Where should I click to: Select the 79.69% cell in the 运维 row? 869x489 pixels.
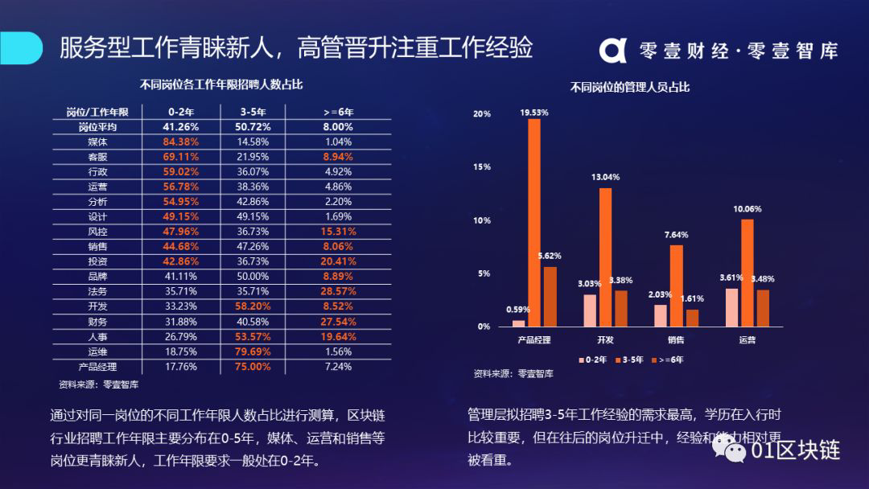(255, 351)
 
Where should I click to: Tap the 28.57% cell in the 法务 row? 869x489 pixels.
(338, 291)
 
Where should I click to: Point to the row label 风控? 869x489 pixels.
(97, 232)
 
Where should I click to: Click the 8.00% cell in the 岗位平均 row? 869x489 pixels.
(338, 127)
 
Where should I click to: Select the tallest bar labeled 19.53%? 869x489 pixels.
(534, 223)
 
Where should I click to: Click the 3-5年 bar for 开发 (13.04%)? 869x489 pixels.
(605, 257)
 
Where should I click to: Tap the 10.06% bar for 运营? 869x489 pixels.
(748, 273)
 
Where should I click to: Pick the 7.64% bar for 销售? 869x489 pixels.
(677, 286)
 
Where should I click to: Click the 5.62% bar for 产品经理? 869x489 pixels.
(550, 297)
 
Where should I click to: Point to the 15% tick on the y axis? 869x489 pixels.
(481, 167)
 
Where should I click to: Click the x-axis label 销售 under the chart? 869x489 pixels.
(676, 339)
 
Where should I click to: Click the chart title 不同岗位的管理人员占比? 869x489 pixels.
(630, 87)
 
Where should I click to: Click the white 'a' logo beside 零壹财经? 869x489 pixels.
(612, 49)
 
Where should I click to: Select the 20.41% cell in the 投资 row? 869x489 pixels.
(338, 261)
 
